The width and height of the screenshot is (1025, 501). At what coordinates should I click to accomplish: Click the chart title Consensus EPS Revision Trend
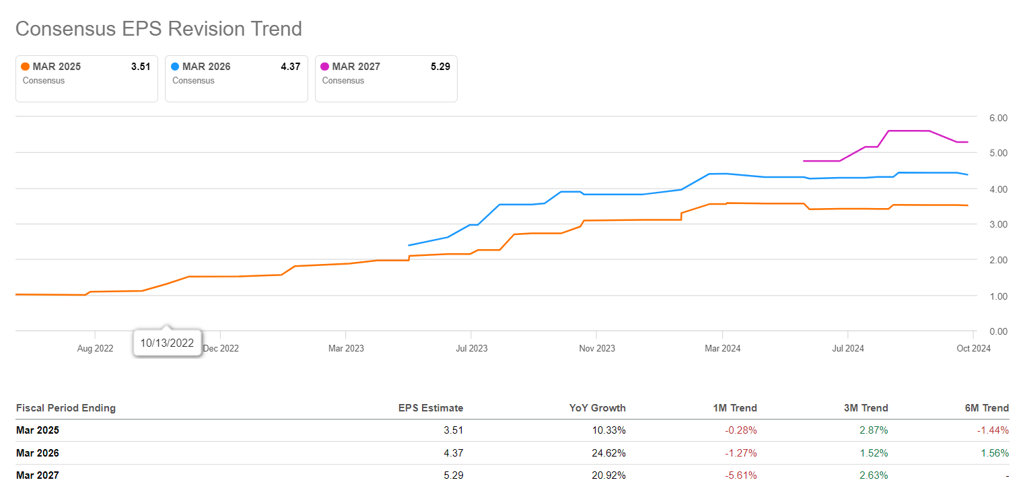tap(158, 29)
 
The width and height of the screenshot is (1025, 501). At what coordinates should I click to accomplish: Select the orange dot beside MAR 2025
tap(26, 67)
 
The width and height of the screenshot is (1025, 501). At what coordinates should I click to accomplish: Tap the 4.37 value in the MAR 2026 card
tap(290, 67)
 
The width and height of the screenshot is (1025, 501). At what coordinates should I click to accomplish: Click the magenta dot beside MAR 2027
tap(325, 67)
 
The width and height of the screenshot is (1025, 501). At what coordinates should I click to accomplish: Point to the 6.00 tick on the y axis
tap(998, 118)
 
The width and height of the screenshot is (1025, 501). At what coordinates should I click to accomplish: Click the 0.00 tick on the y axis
tap(998, 331)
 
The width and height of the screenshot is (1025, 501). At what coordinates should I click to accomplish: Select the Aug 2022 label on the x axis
tap(96, 348)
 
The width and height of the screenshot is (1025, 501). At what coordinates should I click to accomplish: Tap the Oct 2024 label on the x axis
tap(973, 348)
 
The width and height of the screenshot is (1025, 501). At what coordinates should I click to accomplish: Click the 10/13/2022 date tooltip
tap(167, 343)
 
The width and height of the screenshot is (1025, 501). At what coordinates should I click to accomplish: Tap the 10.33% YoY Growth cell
tap(608, 430)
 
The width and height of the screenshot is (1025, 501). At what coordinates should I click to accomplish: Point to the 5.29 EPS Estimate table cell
tap(454, 475)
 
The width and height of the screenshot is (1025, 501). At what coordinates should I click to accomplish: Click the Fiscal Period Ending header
tap(65, 408)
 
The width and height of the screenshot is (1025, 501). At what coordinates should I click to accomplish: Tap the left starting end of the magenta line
tap(804, 161)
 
